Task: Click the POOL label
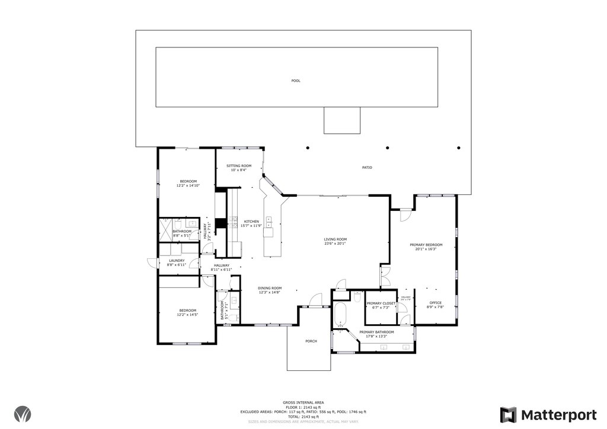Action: pos(295,81)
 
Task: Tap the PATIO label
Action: pos(367,168)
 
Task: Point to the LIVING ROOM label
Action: pos(335,239)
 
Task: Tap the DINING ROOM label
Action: pos(269,287)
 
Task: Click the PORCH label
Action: pos(311,341)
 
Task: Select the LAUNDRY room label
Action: pos(177,260)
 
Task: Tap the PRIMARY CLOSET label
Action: pos(381,303)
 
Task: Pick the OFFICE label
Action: pos(435,303)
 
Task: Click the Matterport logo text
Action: pos(554,414)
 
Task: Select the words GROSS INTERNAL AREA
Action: pos(303,402)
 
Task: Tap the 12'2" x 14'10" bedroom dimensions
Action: pos(188,185)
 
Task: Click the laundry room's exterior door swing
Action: pos(152,263)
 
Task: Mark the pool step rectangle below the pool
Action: pos(342,120)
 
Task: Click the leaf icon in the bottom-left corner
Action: pos(24,414)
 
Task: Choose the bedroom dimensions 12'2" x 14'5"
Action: pos(188,315)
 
